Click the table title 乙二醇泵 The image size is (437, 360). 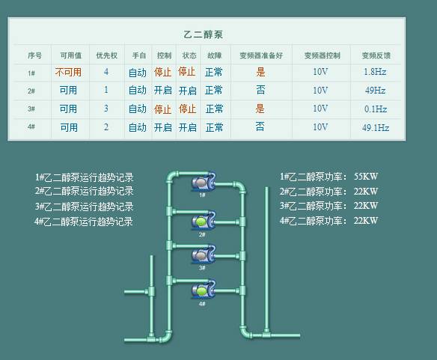point(204,34)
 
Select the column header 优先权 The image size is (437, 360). point(106,55)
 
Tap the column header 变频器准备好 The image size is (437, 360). point(261,55)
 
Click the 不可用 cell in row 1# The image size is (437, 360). point(68,72)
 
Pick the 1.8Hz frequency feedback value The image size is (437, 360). point(375,72)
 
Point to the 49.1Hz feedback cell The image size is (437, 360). point(376,128)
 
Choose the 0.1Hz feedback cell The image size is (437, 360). point(376,109)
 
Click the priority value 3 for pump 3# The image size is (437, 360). point(106,109)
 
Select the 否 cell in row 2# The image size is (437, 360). point(260,90)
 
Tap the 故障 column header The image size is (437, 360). point(214,55)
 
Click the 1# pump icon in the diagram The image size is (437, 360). point(204,182)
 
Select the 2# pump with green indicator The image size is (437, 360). point(204,221)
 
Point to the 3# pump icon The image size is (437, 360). point(204,254)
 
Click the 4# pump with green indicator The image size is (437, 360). point(204,290)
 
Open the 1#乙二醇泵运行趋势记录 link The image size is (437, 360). point(84,177)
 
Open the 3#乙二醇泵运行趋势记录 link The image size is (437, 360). point(84,207)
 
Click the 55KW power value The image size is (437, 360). point(366,176)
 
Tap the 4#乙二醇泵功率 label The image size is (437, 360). point(314,221)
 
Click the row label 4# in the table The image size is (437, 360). point(31,127)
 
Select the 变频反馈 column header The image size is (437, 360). point(376,55)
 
